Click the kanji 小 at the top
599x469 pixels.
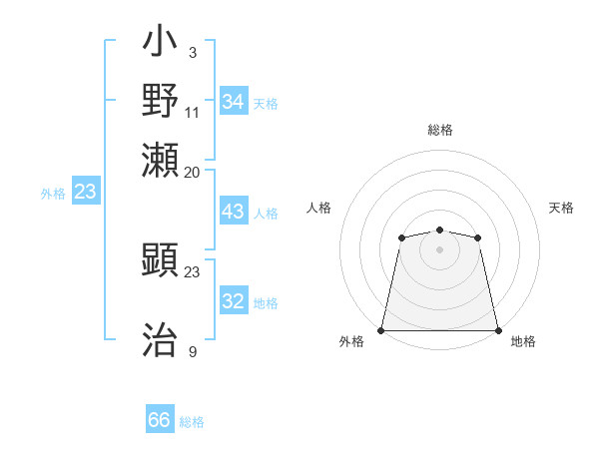coord(161,44)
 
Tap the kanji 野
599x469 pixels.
coord(161,101)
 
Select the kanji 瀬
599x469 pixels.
coord(161,158)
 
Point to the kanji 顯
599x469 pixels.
coord(161,263)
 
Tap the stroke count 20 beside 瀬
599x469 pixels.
coord(193,172)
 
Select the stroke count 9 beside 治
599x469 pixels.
coord(193,350)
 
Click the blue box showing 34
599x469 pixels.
coord(234,101)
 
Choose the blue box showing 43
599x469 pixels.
coord(234,213)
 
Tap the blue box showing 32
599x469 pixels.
coord(234,302)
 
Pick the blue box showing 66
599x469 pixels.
coord(160,420)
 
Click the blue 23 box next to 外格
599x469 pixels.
coord(85,192)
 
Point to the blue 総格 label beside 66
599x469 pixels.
coord(192,422)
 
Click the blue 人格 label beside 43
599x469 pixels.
coord(266,214)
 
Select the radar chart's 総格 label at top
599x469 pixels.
coord(439,130)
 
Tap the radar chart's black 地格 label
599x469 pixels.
coord(523,341)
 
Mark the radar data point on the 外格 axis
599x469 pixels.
coord(381,330)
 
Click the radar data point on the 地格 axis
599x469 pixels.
coord(497,330)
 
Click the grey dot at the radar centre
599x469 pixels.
coord(439,249)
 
